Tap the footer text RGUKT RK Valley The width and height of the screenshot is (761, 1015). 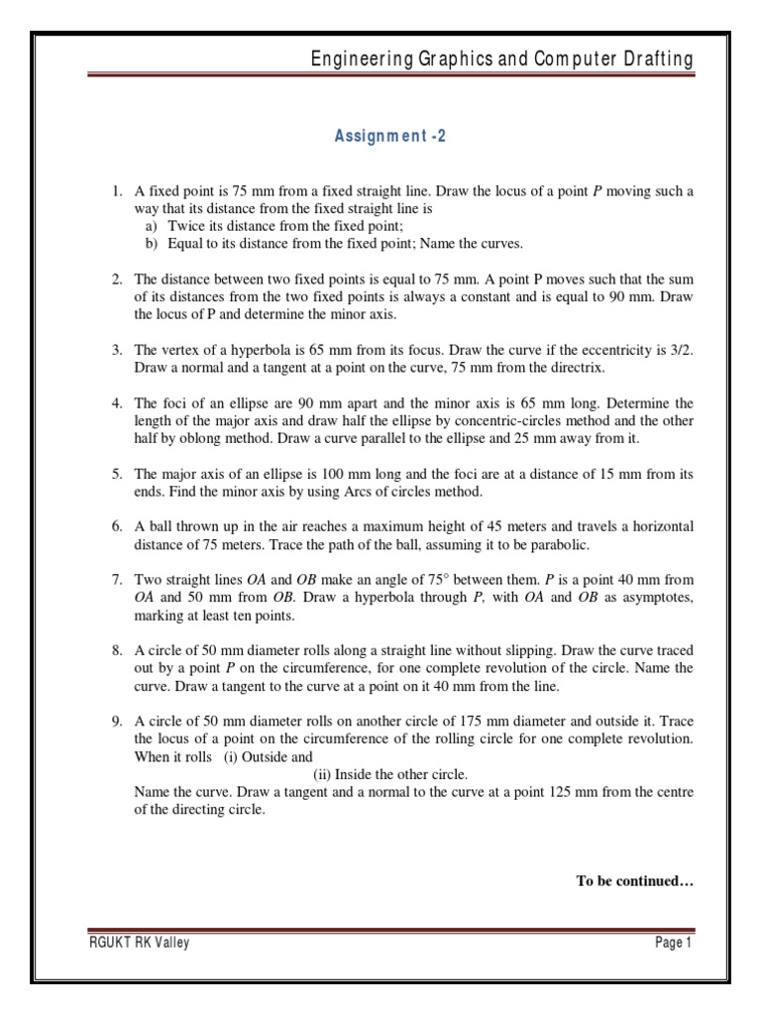[x=139, y=943]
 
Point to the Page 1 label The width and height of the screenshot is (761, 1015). [x=673, y=943]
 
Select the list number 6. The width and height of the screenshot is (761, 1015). [x=115, y=524]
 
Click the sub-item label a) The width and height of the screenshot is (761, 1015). [x=152, y=226]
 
